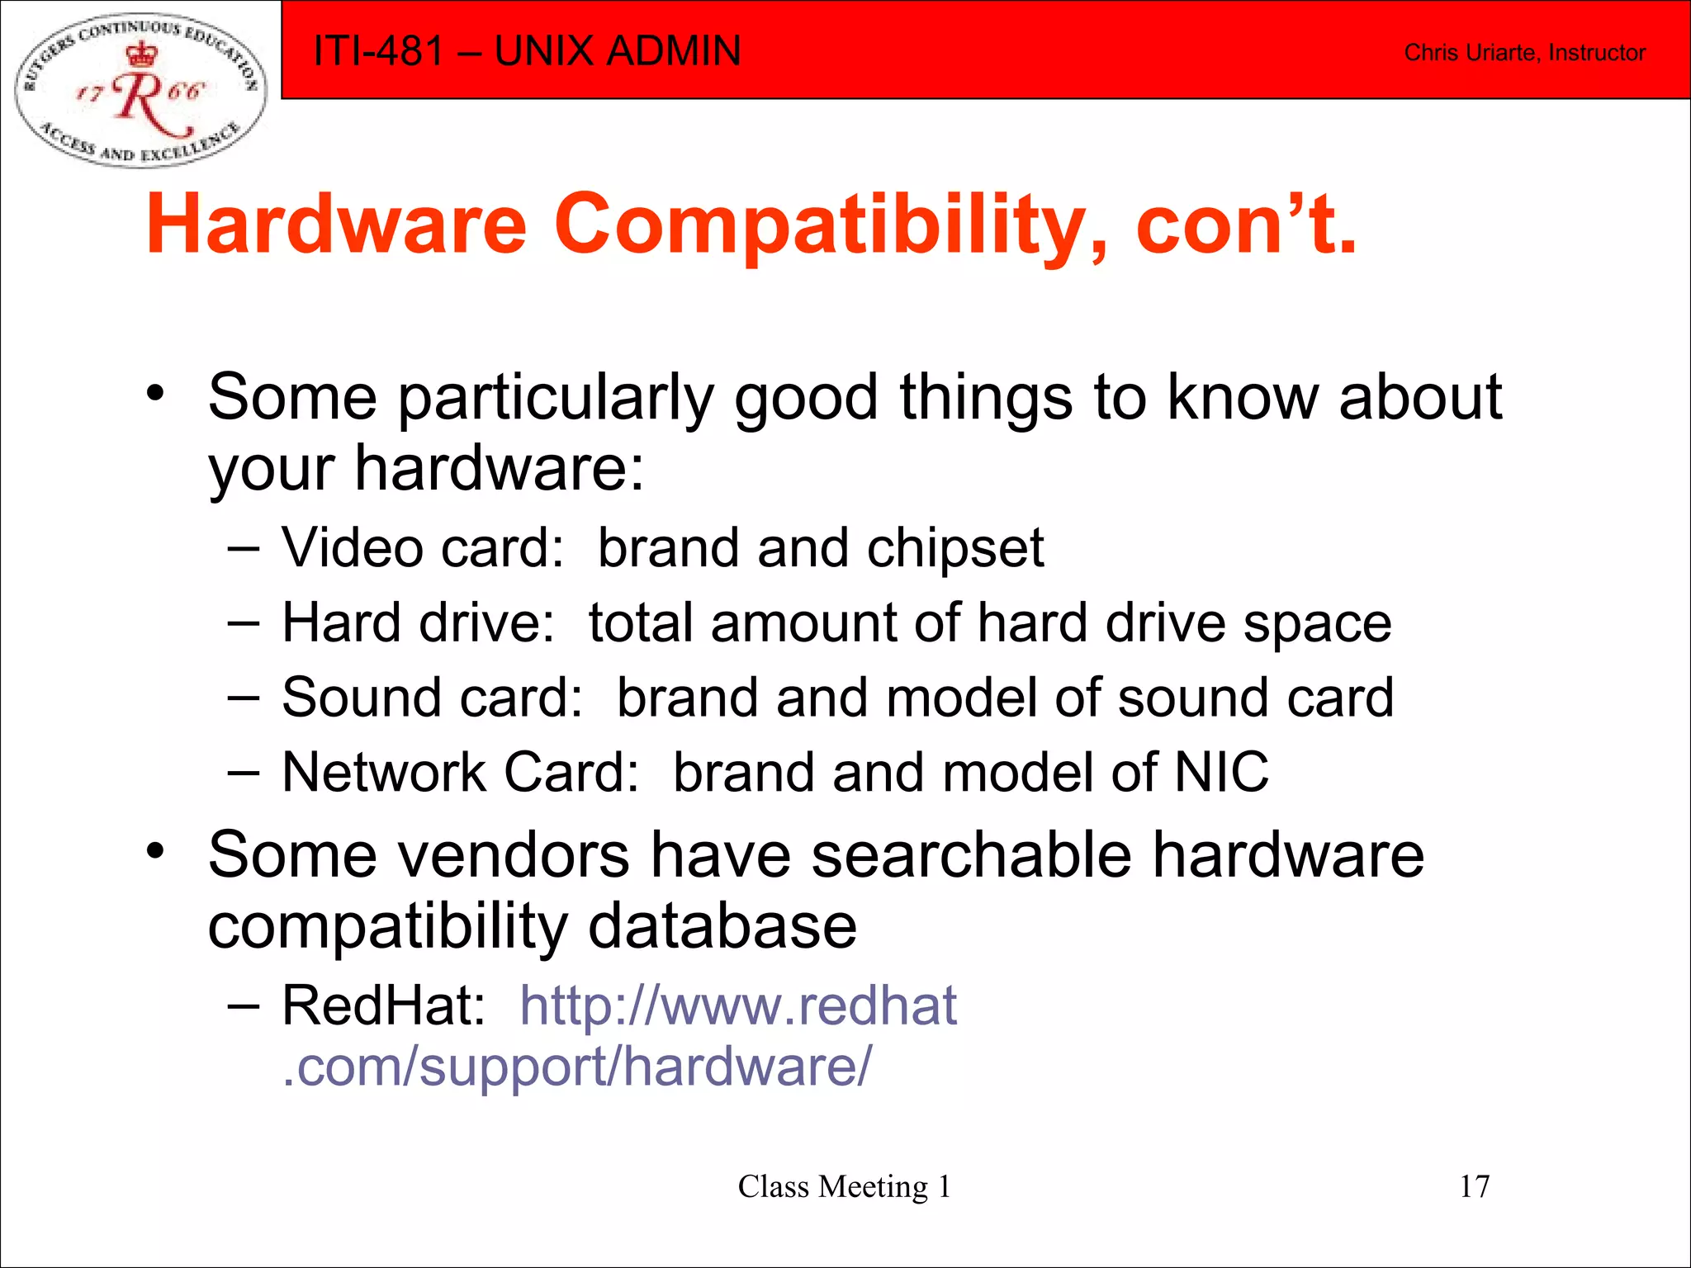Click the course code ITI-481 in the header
pyautogui.click(x=379, y=51)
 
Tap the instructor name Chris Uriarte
pyautogui.click(x=1471, y=53)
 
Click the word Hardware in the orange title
pyautogui.click(x=336, y=225)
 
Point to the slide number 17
pyautogui.click(x=1474, y=1186)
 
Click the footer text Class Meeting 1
pyautogui.click(x=844, y=1186)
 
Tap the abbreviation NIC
pyautogui.click(x=1221, y=773)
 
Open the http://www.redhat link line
pyautogui.click(x=738, y=1005)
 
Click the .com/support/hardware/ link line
pyautogui.click(x=576, y=1067)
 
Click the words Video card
pyautogui.click(x=422, y=548)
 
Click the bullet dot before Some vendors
pyautogui.click(x=156, y=849)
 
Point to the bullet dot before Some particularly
pyautogui.click(x=156, y=392)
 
